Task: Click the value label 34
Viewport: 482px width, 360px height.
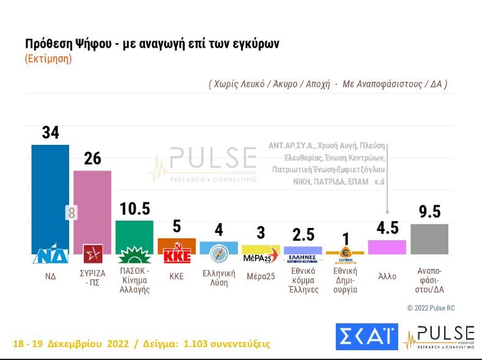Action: pos(50,133)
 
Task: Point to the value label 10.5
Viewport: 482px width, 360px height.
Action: pos(134,209)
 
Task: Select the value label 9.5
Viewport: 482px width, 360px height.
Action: pos(429,212)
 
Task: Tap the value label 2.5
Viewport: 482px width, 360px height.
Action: pos(303,235)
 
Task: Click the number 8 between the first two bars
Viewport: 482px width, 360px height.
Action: pos(72,213)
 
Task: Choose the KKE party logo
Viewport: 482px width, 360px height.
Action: pos(176,255)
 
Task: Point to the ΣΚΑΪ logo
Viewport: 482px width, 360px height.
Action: pos(366,337)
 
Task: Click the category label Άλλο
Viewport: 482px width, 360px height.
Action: pos(387,276)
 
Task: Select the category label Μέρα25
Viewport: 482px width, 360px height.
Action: pos(261,276)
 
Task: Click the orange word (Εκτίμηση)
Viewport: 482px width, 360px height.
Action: pos(48,59)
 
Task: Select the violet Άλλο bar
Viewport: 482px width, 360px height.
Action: pos(387,247)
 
